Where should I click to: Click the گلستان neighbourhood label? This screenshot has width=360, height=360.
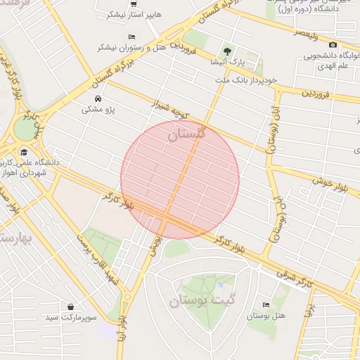(186, 133)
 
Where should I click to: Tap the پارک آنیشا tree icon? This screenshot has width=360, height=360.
(226, 51)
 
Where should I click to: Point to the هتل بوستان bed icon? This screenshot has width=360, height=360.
(265, 304)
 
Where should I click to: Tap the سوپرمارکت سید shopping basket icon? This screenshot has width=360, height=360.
(71, 307)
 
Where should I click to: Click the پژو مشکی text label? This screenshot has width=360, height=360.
(98, 110)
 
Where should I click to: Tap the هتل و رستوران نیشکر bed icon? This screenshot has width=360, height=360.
(131, 37)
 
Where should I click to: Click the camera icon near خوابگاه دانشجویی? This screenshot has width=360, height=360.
(333, 45)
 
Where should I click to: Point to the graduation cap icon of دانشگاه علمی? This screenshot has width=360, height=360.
(24, 152)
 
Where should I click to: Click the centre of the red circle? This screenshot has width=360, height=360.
(180, 180)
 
